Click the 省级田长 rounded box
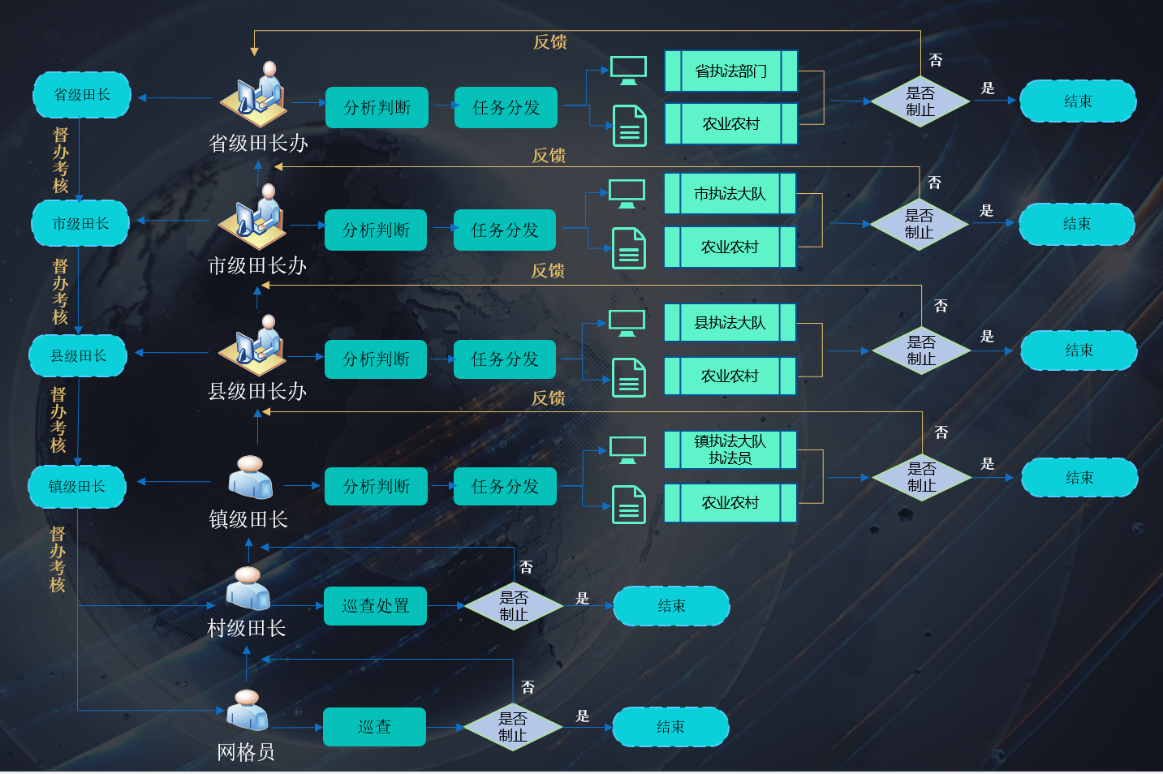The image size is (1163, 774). point(81,95)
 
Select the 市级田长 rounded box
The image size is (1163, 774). point(80,223)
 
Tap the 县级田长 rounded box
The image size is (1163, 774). point(78,355)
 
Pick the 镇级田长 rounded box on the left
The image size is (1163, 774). point(76,486)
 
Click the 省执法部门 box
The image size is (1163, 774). point(730,71)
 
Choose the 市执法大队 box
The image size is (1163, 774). point(730,194)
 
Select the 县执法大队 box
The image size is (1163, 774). point(730,323)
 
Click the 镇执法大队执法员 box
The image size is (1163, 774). point(730,449)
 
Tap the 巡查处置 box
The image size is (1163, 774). point(375,606)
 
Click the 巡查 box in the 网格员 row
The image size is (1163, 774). point(374,727)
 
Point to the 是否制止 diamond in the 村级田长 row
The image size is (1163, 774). point(514,606)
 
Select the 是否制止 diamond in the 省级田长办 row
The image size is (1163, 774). point(920,101)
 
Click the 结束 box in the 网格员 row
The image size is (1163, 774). point(670,727)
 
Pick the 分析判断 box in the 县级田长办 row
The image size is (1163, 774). point(376,359)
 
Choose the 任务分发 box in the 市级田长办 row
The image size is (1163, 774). point(505,230)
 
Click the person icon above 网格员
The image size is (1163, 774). point(247,710)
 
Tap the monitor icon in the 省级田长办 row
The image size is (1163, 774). point(628,71)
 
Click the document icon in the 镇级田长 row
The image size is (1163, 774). point(629,504)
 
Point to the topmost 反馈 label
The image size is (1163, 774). point(549,42)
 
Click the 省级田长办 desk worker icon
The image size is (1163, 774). point(255,91)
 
